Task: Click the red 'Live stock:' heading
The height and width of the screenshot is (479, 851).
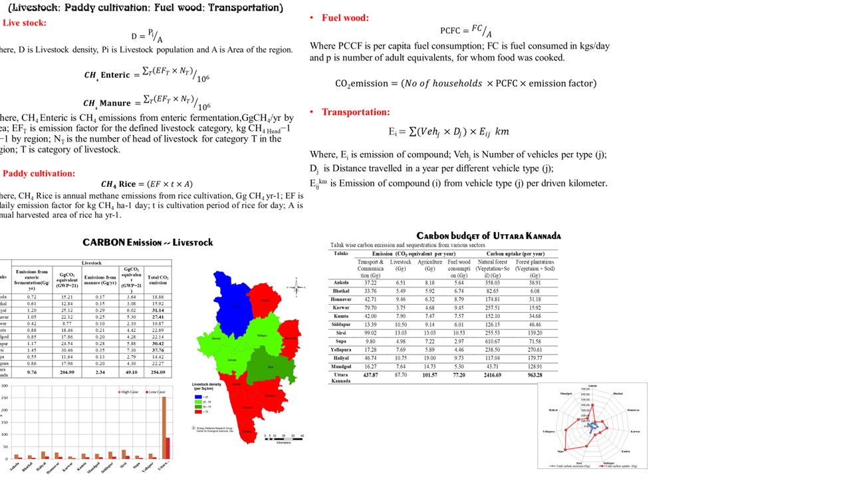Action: (25, 23)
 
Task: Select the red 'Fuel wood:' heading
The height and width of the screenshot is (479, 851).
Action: (345, 18)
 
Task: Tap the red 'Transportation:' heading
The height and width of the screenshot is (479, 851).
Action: (356, 112)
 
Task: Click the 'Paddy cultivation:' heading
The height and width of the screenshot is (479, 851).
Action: (39, 174)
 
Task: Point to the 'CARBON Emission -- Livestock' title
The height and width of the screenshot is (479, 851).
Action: (148, 242)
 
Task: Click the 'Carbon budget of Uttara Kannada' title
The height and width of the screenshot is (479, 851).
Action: (488, 236)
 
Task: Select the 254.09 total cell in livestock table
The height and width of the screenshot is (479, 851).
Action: (158, 373)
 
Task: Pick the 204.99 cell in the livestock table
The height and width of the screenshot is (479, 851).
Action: (66, 373)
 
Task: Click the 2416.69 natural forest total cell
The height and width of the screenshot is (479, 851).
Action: (492, 375)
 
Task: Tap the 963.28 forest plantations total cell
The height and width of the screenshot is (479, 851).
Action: (535, 375)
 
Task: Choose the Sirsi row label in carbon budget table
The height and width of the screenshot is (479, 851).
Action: (340, 333)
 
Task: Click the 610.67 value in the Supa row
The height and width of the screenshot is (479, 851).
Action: (492, 341)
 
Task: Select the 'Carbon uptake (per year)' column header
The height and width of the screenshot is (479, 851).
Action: (515, 253)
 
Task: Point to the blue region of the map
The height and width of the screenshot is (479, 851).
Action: (233, 303)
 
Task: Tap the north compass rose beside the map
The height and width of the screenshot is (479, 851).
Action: (296, 287)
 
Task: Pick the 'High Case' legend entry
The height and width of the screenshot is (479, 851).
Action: (129, 392)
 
